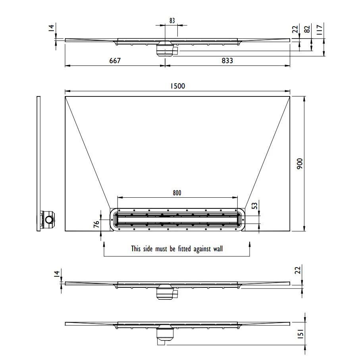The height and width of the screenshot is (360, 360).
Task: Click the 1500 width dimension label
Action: point(177,86)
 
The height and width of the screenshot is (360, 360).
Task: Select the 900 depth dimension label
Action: point(300,164)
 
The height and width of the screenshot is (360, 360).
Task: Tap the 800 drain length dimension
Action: point(177,193)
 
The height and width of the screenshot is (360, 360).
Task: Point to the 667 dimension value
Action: point(115,61)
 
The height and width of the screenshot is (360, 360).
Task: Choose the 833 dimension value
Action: point(227,61)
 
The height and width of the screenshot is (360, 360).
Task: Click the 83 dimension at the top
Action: point(172,21)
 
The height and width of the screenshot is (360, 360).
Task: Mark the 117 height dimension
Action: point(320,30)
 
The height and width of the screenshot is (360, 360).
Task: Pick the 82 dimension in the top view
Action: point(307,29)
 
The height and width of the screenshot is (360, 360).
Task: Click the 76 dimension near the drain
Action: point(96,224)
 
